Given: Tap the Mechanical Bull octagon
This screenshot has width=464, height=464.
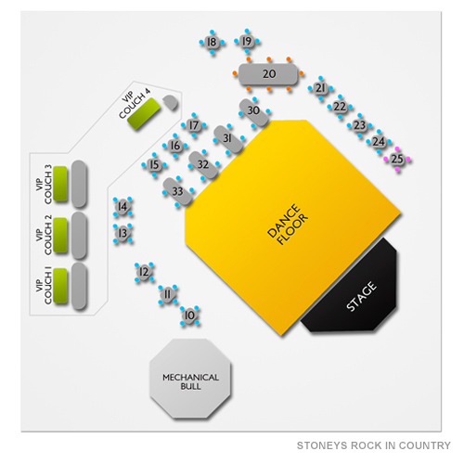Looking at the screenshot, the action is [190, 379].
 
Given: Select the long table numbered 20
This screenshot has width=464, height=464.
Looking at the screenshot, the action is [268, 74].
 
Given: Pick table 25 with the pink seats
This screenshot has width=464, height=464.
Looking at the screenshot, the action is [397, 159].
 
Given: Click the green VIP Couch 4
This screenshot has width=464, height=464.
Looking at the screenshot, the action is [144, 113].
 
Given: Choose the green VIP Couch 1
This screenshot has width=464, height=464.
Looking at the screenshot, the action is [60, 286].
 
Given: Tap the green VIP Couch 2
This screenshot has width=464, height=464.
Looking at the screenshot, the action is [60, 235].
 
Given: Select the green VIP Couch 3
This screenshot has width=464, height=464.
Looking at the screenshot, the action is [60, 184].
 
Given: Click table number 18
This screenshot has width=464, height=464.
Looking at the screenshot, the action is [212, 42].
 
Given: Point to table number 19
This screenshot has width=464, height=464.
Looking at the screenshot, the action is [247, 41].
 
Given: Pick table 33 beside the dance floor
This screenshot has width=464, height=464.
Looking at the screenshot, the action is [178, 191].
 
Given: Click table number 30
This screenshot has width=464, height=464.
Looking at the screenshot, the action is [253, 112].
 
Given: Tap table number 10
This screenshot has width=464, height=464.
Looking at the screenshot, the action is [189, 316].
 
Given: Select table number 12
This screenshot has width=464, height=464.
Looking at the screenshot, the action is [144, 272].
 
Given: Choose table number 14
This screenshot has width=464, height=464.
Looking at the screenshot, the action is [122, 206].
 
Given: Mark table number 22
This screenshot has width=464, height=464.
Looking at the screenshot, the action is [340, 107].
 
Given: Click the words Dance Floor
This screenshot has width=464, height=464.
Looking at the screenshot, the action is [288, 225].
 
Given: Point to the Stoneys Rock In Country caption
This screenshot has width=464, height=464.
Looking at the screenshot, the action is [373, 445].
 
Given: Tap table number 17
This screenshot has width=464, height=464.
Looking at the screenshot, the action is [194, 125].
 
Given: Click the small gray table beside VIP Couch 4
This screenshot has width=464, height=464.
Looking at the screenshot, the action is [170, 102].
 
